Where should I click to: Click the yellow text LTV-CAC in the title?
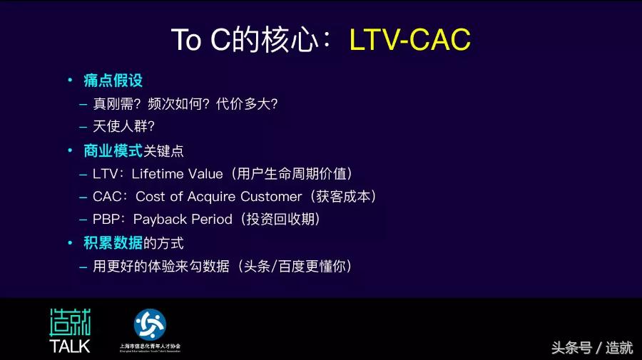click(x=409, y=41)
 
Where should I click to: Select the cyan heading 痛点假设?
click(x=113, y=81)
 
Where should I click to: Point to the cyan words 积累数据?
click(x=113, y=243)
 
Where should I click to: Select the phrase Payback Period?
click(x=183, y=219)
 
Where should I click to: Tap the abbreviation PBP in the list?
click(x=106, y=219)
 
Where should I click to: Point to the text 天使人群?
click(x=118, y=126)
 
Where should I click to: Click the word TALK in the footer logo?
click(x=70, y=346)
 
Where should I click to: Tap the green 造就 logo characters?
click(x=70, y=323)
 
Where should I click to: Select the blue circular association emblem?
click(x=150, y=324)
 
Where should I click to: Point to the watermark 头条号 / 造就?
click(x=591, y=348)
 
